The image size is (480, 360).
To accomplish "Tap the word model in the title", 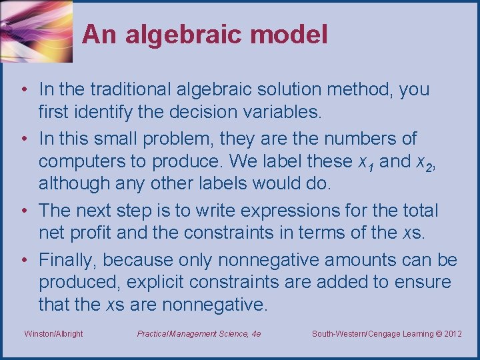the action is pos(289,34).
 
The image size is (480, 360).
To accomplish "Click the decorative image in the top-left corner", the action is pos(37,31).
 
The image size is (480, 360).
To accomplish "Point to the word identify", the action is pos(103,112).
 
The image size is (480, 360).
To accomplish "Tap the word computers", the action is pos(82,161).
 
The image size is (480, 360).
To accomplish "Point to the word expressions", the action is pos(291,211).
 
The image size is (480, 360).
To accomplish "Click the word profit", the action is pos(90,233).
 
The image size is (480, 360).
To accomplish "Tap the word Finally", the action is pos(67,260).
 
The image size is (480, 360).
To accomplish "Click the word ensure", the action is pos(423,283).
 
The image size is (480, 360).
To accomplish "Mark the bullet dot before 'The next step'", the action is pos(25,210).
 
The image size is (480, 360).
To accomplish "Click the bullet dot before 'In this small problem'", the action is pos(25,139).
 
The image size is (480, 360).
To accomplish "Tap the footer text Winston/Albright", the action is pos(53,334).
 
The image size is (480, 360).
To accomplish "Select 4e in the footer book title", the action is pos(256,334).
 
